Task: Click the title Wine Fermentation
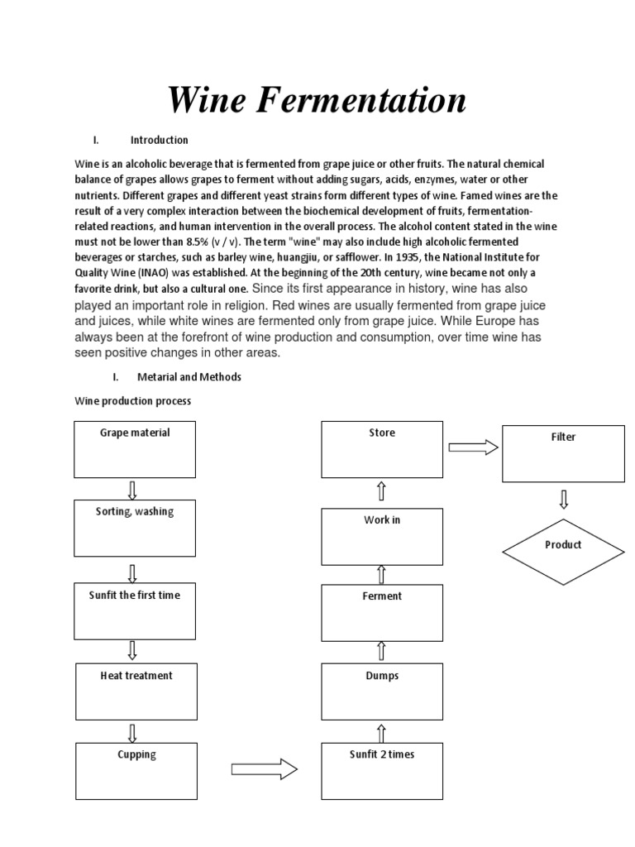317,101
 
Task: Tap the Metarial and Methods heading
189,376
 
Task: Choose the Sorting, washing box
135,527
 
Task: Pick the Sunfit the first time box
135,610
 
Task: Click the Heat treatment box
136,691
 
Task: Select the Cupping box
136,771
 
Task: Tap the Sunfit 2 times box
382,771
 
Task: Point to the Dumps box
382,691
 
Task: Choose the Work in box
382,536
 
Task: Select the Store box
382,448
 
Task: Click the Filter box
563,452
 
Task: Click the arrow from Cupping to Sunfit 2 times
264,769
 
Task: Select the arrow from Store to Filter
473,447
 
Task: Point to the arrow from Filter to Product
564,499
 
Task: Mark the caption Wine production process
132,401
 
